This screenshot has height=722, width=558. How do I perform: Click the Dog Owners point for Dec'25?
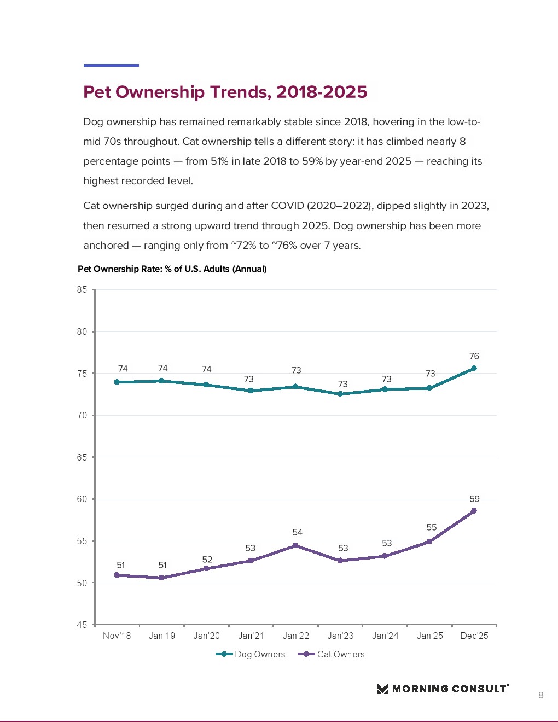coord(474,368)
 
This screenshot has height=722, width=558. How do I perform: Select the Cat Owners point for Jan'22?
coord(295,545)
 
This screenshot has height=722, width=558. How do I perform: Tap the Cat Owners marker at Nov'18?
coord(117,575)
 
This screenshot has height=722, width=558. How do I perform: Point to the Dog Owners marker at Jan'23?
coord(340,394)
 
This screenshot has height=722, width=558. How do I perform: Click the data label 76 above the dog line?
coord(474,356)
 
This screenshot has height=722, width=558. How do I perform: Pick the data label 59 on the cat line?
coord(474,499)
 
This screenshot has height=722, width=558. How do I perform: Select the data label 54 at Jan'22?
coord(297,532)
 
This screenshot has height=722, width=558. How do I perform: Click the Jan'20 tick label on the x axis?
coord(206,636)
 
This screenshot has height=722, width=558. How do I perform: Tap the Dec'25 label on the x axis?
coord(474,636)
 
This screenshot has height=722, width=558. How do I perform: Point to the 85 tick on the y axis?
coord(82,289)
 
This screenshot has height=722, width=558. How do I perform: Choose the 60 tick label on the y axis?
coord(82,499)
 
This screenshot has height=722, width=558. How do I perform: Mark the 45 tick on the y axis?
coord(82,625)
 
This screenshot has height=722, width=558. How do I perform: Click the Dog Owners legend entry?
coord(251,654)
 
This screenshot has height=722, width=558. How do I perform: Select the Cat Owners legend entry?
coord(332,654)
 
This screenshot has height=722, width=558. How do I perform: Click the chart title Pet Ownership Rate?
coord(172,269)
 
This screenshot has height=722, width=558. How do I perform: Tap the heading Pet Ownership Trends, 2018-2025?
coord(225,92)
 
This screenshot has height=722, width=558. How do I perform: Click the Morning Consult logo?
coord(443,689)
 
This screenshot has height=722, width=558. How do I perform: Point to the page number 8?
coord(540,695)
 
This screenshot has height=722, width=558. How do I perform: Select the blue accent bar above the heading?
coord(111,65)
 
